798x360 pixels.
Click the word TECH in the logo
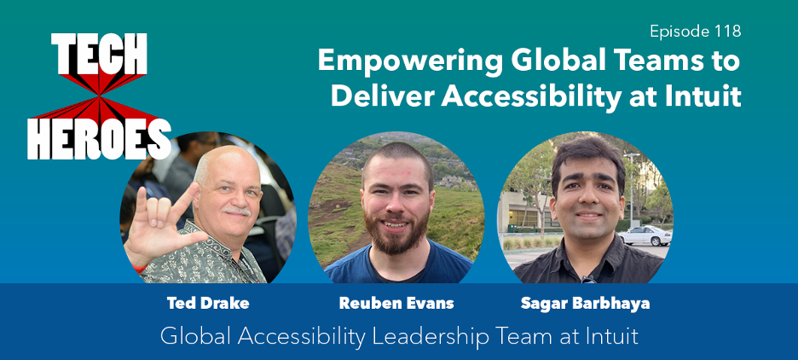coord(99,54)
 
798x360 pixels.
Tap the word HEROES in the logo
coord(99,138)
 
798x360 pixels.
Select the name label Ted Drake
coord(208,304)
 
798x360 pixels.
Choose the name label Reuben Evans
coord(396,304)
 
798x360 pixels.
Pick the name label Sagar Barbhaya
coord(585,304)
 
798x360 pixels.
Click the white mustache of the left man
coord(237,211)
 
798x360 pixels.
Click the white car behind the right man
coord(645,235)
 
